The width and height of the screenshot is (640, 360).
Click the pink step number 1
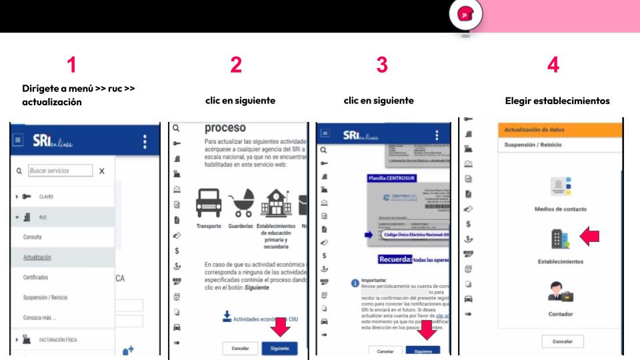[x=71, y=65]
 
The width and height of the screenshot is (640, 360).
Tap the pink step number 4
[x=553, y=65]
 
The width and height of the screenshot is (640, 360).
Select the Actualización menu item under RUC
[x=37, y=257]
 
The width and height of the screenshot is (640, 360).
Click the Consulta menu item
[x=33, y=237]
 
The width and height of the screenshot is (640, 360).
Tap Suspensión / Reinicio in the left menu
[x=45, y=297]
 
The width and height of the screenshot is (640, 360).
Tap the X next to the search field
[x=101, y=171]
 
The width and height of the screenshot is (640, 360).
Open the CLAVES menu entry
[x=45, y=197]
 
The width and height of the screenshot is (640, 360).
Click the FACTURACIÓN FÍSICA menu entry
[x=57, y=340]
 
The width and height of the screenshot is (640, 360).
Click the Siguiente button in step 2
[x=280, y=348]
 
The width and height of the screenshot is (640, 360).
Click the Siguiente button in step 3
[x=423, y=351]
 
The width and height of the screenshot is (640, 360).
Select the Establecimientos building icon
[x=560, y=238]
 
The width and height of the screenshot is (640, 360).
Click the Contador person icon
[x=560, y=291]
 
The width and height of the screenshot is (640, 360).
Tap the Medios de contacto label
[x=560, y=209]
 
